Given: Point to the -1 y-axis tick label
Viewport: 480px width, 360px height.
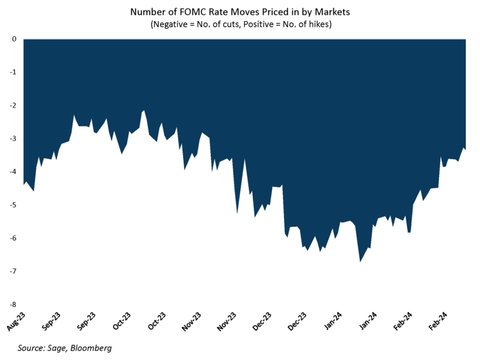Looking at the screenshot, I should [12, 72].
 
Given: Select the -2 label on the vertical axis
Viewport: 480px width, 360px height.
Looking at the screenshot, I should [12, 106].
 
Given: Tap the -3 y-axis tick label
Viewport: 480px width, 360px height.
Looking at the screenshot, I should [12, 139].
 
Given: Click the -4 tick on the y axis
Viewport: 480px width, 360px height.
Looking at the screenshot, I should [12, 172].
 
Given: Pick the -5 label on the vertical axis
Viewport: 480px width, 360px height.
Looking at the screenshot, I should [12, 205].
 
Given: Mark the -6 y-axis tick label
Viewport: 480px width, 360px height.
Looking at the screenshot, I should [12, 239].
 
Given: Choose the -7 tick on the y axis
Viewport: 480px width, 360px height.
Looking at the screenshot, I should [12, 272].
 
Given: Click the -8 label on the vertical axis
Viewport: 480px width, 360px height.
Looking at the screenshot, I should [12, 305].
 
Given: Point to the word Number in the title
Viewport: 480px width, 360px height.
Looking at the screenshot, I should [148, 12].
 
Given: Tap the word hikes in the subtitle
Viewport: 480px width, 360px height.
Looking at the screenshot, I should [326, 25].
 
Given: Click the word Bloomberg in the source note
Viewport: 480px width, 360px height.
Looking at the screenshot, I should [92, 348].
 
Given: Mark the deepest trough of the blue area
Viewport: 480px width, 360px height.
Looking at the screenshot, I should [360, 262].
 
